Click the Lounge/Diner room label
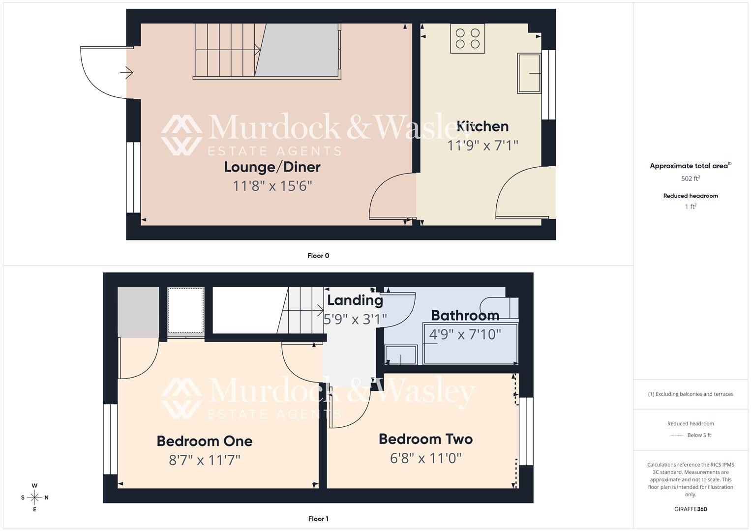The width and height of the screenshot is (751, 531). coord(272,167)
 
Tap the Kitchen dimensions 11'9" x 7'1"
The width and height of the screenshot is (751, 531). coord(482,146)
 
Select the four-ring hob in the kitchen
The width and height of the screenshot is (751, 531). coord(467,38)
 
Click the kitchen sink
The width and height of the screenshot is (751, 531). coord(528,73)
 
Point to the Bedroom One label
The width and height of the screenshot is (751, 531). coord(204,441)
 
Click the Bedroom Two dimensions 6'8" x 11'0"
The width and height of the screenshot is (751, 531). coord(425,458)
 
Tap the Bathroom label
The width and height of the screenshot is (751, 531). coord(465,315)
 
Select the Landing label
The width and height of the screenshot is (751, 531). coord(355,300)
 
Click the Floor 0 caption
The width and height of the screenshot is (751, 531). coord(318,256)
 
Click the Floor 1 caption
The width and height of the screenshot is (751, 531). coord(318,519)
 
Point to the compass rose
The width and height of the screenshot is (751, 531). coord(34,498)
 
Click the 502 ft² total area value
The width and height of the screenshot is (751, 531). coord(691,178)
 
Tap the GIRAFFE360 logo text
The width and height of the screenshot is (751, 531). coord(691,509)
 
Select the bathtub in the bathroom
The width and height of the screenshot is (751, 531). coord(470,343)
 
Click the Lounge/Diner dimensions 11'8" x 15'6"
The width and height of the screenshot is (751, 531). coord(272,186)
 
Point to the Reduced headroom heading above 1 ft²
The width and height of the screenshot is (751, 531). coord(691,196)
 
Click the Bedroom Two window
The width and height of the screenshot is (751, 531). coord(526,431)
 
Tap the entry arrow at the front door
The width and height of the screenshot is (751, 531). coord(126,73)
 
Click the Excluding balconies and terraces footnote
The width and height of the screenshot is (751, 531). coord(691,394)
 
